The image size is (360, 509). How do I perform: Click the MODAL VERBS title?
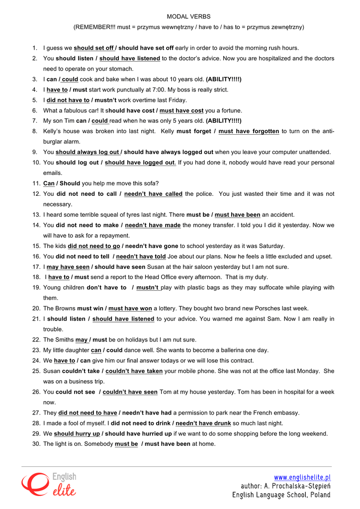click(188, 16)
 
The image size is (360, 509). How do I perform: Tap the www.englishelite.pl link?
click(302, 478)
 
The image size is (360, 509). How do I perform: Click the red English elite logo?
click(48, 484)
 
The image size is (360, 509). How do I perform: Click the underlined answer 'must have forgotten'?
click(249, 131)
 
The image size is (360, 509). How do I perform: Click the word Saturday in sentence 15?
click(269, 246)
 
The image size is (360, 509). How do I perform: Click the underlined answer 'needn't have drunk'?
click(203, 423)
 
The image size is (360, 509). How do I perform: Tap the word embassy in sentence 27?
click(287, 413)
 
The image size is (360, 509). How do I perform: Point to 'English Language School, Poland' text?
click(281, 495)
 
